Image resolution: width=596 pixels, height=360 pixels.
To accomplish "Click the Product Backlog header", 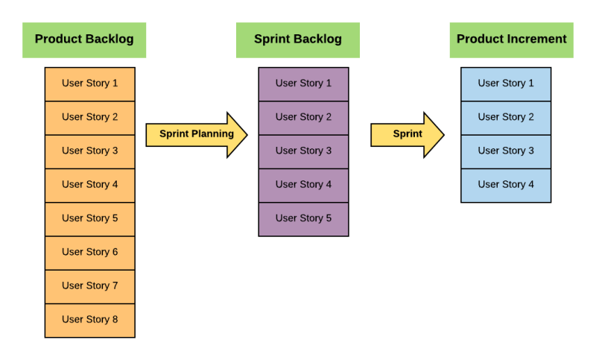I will pos(84,40).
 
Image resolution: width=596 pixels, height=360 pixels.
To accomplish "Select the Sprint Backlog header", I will pos(298,40).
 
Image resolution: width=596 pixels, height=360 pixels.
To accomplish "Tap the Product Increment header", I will pos(511,40).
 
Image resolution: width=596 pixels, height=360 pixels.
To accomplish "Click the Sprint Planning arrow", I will pos(196,135).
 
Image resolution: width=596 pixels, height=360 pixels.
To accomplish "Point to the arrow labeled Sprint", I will pos(407,135).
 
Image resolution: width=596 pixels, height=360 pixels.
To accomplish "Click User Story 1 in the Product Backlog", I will pos(89,83).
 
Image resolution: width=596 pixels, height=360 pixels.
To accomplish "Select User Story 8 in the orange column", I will pos(89,320).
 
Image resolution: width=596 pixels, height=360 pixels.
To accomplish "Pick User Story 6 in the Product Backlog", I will pos(89,252).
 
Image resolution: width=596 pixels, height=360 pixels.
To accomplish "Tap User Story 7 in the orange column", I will pos(89,285).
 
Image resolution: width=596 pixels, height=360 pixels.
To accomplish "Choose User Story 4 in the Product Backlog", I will pos(89,185).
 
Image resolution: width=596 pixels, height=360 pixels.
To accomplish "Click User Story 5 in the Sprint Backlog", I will pos(303,218).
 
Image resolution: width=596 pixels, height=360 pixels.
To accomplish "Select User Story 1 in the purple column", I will pos(303,83).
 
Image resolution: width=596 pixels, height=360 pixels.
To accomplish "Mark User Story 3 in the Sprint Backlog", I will pos(303,151).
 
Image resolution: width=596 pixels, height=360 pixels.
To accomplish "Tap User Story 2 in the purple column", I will pos(303,117).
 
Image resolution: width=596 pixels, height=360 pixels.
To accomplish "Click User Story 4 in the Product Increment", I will pos(506,185).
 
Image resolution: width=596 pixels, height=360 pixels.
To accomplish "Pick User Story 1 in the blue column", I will pos(506,83).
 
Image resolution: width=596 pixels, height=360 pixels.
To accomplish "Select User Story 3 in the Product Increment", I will pos(506,151).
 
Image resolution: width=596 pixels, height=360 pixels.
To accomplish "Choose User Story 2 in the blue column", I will pos(506,117).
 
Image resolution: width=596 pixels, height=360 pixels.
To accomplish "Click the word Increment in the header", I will pos(536,40).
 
